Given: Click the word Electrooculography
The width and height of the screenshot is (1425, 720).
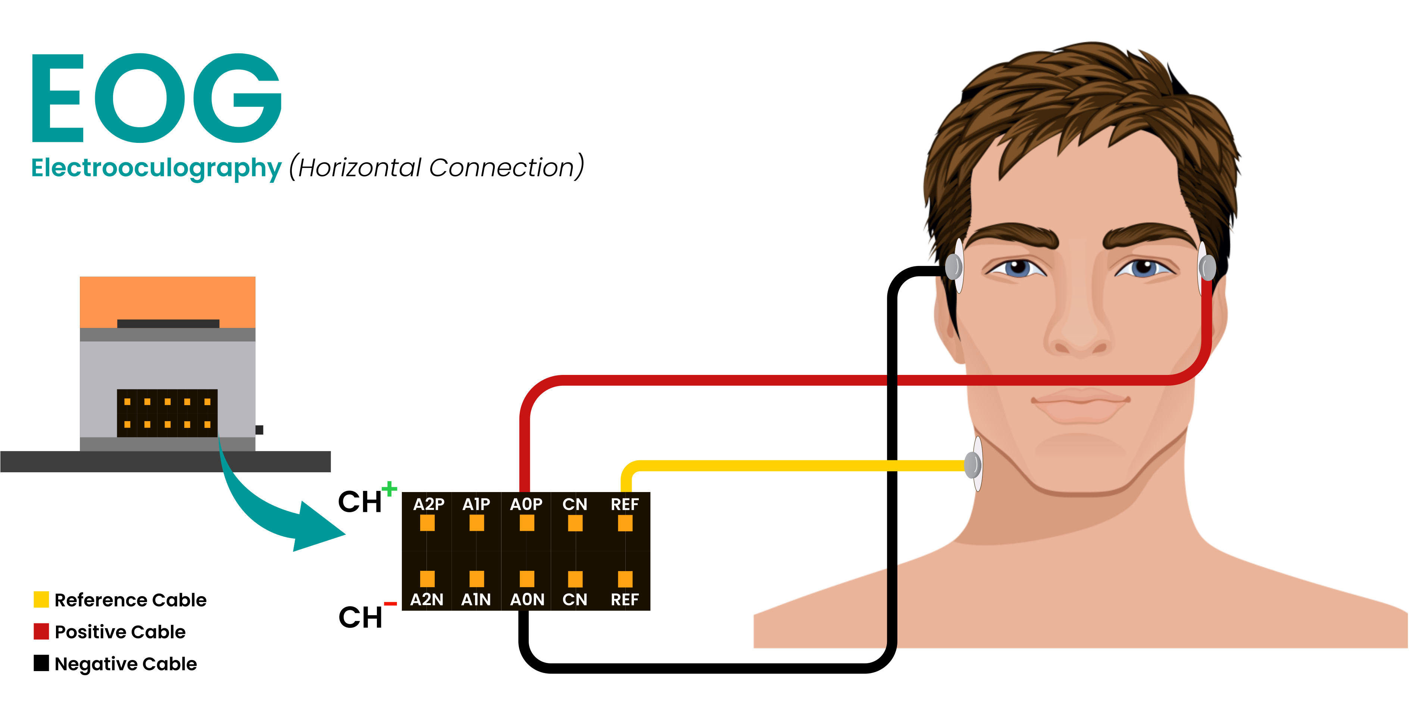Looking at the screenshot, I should point(156,168).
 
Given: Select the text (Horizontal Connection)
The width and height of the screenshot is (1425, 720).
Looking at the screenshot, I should point(436,167).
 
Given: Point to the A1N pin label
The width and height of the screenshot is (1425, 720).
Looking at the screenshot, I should point(476,600).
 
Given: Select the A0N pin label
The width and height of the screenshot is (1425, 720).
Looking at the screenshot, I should point(526,600).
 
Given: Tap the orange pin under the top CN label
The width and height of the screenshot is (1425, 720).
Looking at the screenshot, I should point(575,523).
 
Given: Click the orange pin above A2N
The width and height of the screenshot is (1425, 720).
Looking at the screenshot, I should point(427,579).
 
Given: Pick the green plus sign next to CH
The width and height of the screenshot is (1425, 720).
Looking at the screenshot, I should point(390,489).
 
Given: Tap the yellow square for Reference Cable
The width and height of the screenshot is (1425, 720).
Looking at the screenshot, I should point(41,600).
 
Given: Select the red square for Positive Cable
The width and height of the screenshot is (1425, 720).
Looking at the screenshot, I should point(41,631).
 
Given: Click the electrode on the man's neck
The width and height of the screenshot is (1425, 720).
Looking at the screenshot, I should point(973,464).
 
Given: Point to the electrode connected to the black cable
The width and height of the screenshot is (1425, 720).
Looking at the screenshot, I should point(954,266).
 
